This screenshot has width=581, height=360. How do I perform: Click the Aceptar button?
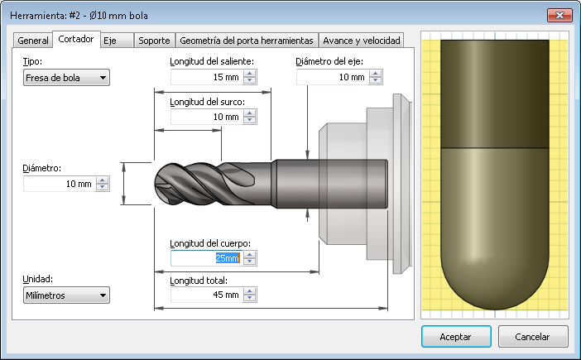[456, 337]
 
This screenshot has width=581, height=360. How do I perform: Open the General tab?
[33, 41]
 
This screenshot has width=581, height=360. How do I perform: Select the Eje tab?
[110, 41]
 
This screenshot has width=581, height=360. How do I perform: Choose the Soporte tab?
[154, 41]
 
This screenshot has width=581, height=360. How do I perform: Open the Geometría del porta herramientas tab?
[247, 41]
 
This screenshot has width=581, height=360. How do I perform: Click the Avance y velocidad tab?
[362, 41]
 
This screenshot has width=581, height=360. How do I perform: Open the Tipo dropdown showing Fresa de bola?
[66, 78]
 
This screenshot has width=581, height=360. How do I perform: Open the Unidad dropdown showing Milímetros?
[66, 295]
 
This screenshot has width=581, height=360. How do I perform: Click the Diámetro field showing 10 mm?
[59, 184]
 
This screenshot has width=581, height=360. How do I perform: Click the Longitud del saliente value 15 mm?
[206, 77]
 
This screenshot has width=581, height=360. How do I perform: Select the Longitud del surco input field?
[206, 117]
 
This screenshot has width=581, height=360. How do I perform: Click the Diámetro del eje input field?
[332, 77]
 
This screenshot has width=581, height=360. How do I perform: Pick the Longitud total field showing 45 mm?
[206, 295]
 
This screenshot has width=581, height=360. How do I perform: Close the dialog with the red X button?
[558, 15]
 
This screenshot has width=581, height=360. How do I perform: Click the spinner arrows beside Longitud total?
[250, 295]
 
